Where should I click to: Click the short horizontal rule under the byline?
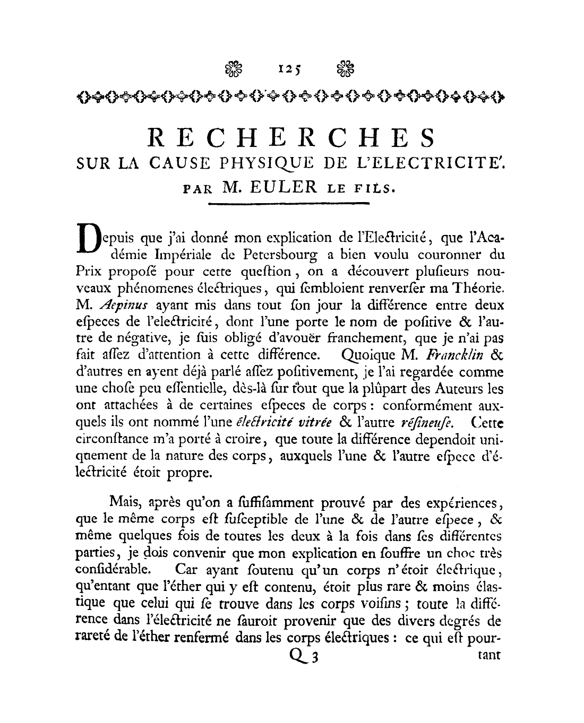291,204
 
